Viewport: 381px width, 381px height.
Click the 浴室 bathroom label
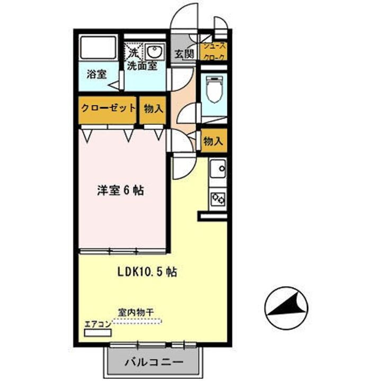97,75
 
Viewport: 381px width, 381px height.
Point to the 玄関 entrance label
184,53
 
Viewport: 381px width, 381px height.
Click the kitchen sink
217,170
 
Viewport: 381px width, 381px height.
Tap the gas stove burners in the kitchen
217,198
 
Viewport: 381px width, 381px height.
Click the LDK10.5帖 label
147,273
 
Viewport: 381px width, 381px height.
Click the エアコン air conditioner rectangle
98,333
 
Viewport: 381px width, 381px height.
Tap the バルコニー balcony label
154,363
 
